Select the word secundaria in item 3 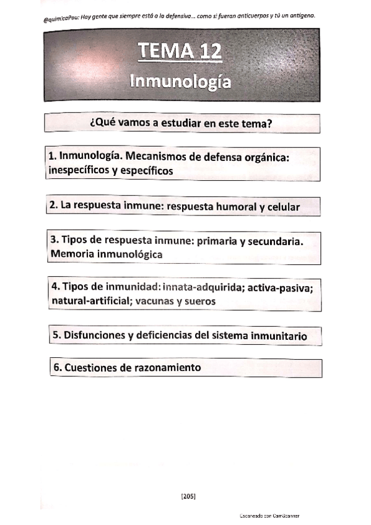277,241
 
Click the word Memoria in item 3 72,254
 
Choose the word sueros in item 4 200,302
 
